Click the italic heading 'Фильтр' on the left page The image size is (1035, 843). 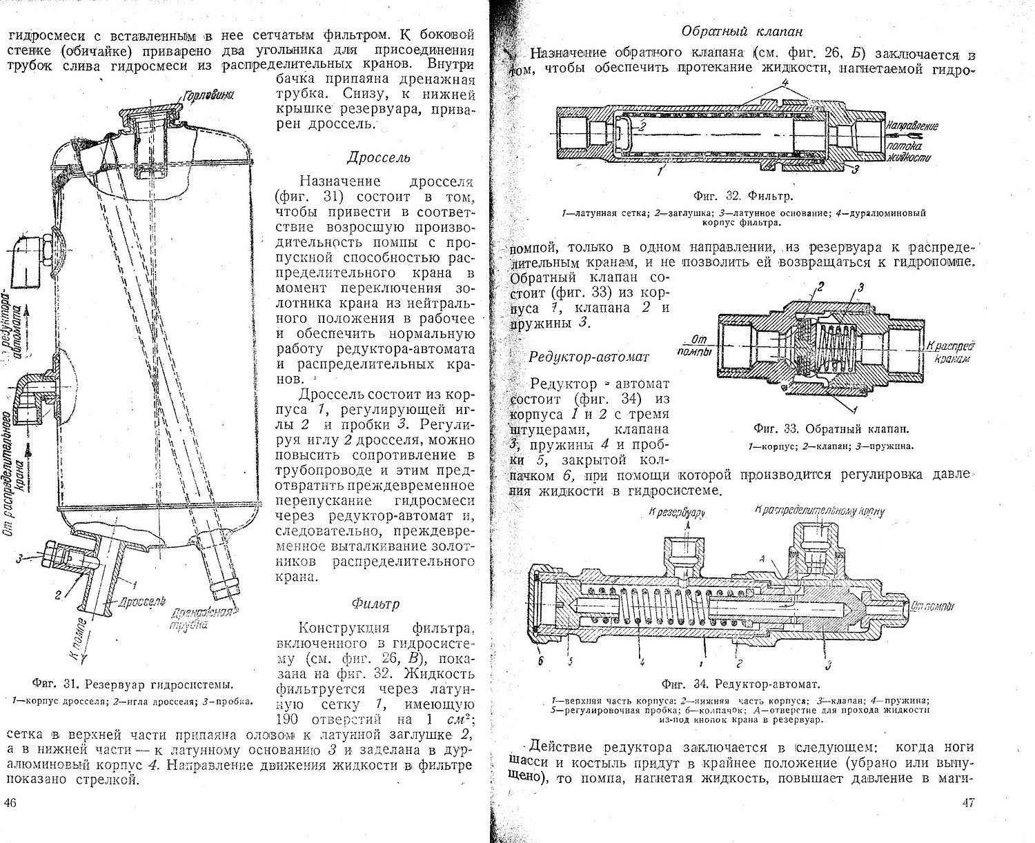tap(375, 604)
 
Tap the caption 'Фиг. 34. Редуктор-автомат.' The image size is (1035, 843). tap(740, 685)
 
